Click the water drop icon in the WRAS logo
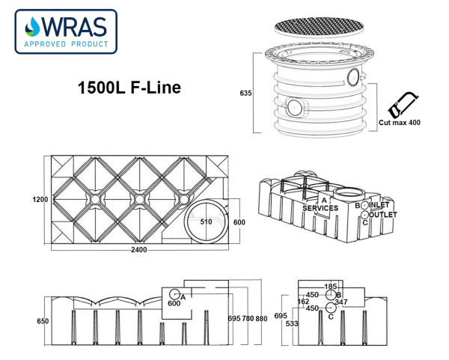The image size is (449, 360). pyautogui.click(x=31, y=28)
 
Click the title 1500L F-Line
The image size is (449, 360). pyautogui.click(x=129, y=88)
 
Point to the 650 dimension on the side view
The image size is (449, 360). pyautogui.click(x=43, y=321)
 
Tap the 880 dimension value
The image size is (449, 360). pyautogui.click(x=260, y=319)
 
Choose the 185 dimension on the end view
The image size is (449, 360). pyautogui.click(x=332, y=287)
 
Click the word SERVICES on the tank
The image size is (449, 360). pyautogui.click(x=321, y=208)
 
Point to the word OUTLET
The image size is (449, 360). pyautogui.click(x=382, y=214)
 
